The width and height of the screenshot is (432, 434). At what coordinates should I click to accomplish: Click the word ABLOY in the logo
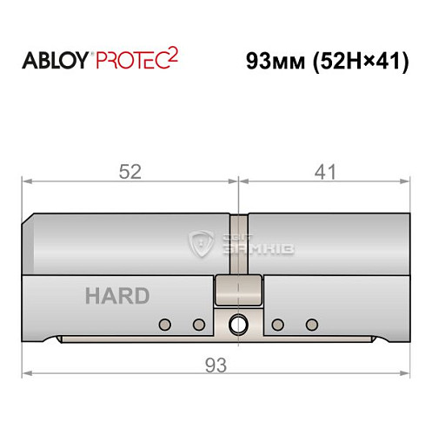point(55,62)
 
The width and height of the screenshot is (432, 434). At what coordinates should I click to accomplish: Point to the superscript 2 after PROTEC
point(175,56)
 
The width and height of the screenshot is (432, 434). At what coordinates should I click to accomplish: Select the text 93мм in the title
point(276,62)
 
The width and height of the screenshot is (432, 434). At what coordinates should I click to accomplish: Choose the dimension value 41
point(324,172)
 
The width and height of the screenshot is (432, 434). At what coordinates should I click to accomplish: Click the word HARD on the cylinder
point(117,295)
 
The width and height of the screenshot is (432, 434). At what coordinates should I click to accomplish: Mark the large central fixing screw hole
point(237,325)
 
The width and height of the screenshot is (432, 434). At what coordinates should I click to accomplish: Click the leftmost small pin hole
point(163,325)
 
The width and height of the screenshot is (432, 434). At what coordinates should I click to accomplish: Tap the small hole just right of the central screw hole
point(277,325)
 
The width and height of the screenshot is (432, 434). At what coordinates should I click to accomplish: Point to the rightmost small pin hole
point(311,325)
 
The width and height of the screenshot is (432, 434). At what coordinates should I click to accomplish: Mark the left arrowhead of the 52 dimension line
point(26,181)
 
